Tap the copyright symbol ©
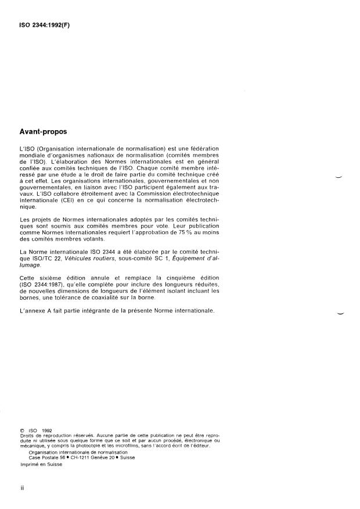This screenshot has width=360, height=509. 22,431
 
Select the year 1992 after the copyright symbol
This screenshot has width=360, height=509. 46,431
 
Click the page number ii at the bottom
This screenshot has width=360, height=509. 21,489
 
